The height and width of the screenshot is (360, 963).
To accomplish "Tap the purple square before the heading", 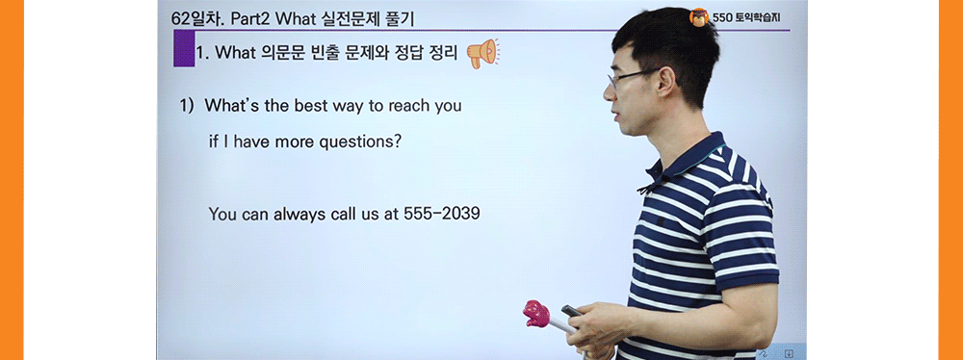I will pyautogui.click(x=183, y=49).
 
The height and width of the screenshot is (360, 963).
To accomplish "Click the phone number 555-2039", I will pyautogui.click(x=441, y=214).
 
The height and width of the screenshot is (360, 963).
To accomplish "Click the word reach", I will pyautogui.click(x=411, y=106).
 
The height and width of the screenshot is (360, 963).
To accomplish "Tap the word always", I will pyautogui.click(x=304, y=214).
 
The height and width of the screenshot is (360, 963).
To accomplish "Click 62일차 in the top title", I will pyautogui.click(x=195, y=18).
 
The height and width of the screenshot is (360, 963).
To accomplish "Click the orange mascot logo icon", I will pyautogui.click(x=698, y=16).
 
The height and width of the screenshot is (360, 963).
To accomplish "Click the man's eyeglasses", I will pyautogui.click(x=626, y=76).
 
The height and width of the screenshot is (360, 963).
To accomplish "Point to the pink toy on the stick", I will pyautogui.click(x=535, y=313).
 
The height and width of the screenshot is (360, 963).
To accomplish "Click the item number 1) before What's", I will pyautogui.click(x=189, y=106).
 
